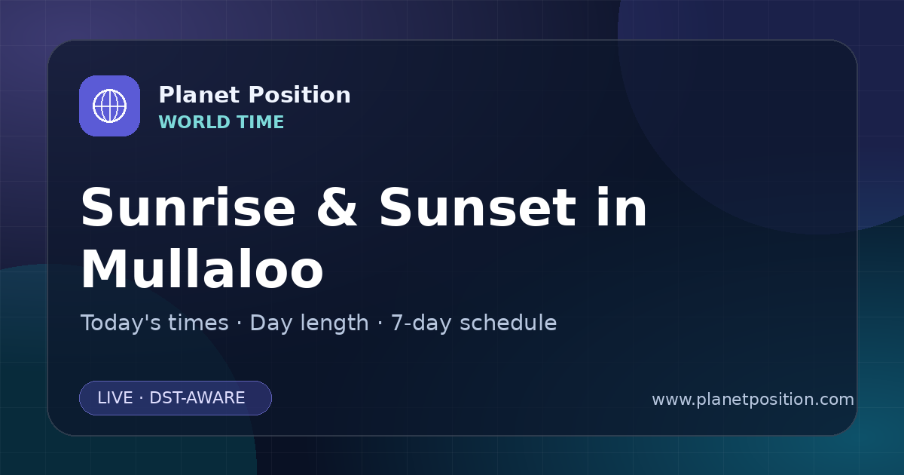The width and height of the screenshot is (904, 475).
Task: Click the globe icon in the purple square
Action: [109, 106]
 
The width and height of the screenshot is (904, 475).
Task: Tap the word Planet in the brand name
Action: [200, 95]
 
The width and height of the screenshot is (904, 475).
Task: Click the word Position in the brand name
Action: [300, 95]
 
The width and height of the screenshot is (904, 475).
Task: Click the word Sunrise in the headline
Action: [188, 207]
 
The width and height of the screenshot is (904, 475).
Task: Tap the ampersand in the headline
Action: [337, 207]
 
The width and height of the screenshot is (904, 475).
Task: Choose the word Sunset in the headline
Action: [478, 207]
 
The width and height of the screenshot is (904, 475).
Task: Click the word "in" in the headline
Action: [622, 207]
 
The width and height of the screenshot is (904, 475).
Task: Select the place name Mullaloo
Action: [202, 268]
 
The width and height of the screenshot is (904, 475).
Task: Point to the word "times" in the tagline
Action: [198, 323]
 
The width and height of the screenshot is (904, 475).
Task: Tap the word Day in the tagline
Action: [270, 323]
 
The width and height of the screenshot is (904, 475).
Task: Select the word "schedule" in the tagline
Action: [508, 323]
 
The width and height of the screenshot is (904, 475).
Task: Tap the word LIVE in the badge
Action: [115, 398]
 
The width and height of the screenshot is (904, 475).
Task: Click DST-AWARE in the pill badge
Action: [197, 398]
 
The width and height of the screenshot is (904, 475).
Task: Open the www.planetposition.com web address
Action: [753, 400]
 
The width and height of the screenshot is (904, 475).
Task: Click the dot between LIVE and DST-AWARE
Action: [142, 398]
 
